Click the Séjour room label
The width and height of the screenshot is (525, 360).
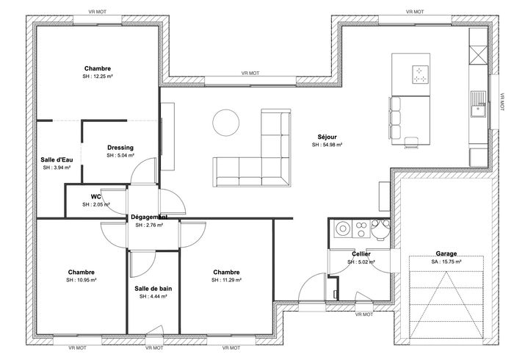click(x=327, y=137)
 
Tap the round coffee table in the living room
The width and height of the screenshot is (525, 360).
click(x=226, y=123)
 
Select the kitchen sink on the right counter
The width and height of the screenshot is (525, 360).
click(x=479, y=104)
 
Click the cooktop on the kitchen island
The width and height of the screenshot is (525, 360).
click(x=420, y=75)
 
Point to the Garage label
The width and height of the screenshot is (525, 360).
click(x=446, y=254)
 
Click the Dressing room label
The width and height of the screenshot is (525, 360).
click(x=120, y=148)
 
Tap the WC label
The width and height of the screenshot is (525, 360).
click(x=96, y=197)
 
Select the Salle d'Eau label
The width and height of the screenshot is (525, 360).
click(x=57, y=159)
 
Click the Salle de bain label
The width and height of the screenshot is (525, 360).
click(x=153, y=289)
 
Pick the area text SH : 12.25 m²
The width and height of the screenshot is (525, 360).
click(x=98, y=76)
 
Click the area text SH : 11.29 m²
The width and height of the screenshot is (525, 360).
click(x=226, y=280)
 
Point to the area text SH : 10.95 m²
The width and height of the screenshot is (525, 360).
click(x=82, y=280)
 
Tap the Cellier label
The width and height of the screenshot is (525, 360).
click(x=361, y=254)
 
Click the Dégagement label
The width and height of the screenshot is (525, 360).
click(x=149, y=217)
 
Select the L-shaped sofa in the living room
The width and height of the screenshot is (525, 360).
click(x=251, y=148)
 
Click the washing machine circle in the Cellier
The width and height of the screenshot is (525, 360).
click(x=342, y=229)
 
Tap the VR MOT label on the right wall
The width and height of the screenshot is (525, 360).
click(x=502, y=101)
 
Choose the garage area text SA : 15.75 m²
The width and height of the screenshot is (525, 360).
click(x=446, y=262)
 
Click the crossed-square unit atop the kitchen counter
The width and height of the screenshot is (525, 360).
click(x=478, y=54)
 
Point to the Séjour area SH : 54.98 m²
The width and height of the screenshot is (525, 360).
click(x=327, y=145)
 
